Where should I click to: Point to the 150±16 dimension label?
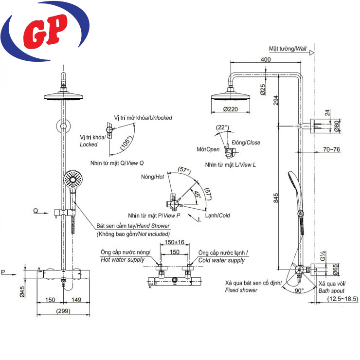pos(174,242)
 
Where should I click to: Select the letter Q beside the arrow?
pos(36,211)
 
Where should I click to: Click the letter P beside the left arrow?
pos(4,271)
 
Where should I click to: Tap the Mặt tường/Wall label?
pos(288,49)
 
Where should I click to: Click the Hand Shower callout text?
pos(133,226)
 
